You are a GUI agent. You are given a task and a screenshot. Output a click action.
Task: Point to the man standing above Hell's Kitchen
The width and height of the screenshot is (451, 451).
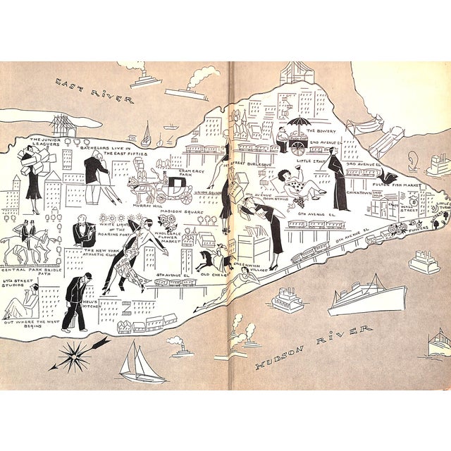pos(75,299)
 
